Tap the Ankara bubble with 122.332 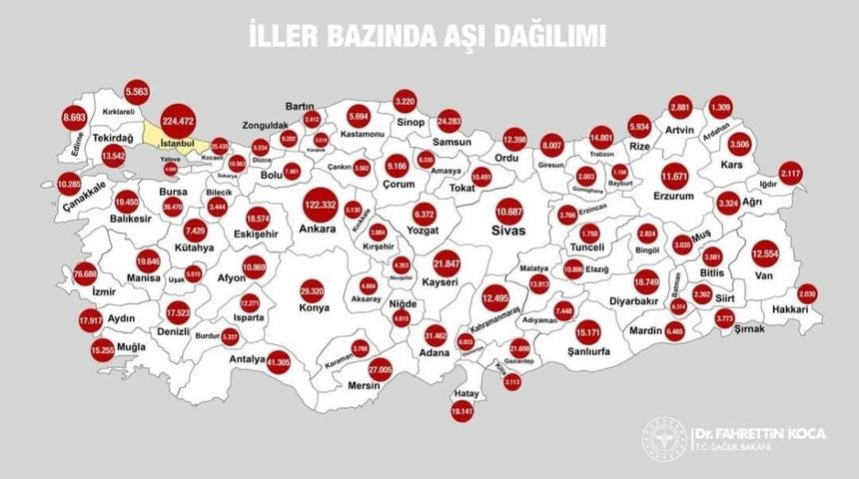tap(322, 206)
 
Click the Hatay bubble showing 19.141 tap(460, 408)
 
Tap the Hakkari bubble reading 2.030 tap(808, 294)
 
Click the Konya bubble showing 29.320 tap(313, 290)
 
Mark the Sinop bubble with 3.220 tap(405, 102)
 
